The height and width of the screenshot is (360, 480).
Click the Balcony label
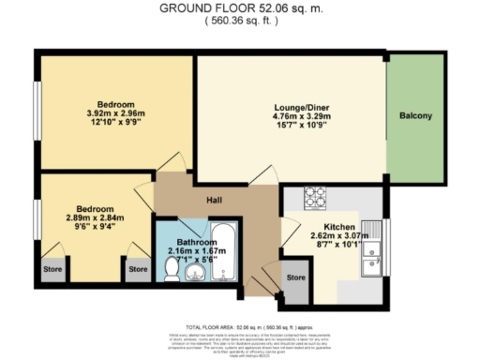tap(415, 116)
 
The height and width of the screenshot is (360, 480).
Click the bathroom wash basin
tap(195, 273)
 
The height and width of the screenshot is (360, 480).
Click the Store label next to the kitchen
tap(296, 278)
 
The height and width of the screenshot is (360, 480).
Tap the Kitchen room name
tap(338, 228)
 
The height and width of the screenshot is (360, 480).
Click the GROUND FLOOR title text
tap(239, 8)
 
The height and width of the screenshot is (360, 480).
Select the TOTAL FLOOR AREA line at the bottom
tap(239, 319)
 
